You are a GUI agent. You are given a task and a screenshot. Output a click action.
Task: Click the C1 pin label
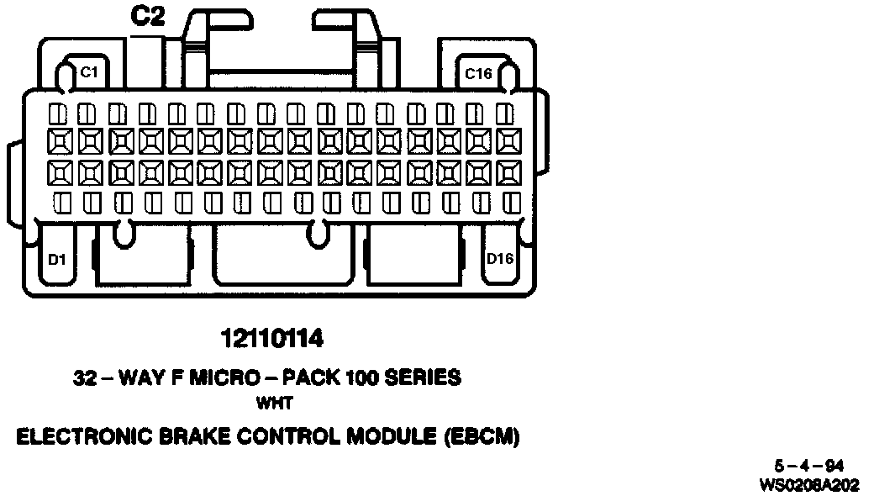point(88,73)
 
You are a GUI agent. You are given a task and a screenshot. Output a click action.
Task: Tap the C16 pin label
point(478,74)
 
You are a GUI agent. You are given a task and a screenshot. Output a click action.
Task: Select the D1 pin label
point(56,258)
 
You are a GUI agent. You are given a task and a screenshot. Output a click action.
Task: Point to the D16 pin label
point(500,258)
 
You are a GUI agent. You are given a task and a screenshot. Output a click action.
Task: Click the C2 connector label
point(148,18)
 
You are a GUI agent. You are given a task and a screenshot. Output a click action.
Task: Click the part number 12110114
point(272,339)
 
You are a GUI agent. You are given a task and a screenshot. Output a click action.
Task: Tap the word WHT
point(273,404)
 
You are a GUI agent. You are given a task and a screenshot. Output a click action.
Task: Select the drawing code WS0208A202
point(808,484)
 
